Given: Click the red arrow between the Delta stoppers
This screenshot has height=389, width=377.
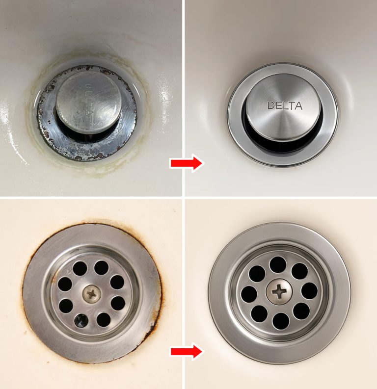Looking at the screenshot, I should [186, 163].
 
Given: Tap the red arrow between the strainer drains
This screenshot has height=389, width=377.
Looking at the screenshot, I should [186, 351].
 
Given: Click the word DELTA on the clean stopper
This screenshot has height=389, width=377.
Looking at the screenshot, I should [285, 105].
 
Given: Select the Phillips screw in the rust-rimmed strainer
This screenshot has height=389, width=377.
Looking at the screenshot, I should [91, 294].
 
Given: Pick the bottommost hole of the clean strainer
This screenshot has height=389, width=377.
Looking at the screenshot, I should [280, 320].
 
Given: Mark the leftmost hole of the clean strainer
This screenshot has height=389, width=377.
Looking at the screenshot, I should [249, 293].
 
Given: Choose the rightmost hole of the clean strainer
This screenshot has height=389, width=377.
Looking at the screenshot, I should [309, 290].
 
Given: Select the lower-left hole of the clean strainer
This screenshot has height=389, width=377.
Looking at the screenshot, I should [259, 312].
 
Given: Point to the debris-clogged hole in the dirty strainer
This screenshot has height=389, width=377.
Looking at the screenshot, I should [81, 321].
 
